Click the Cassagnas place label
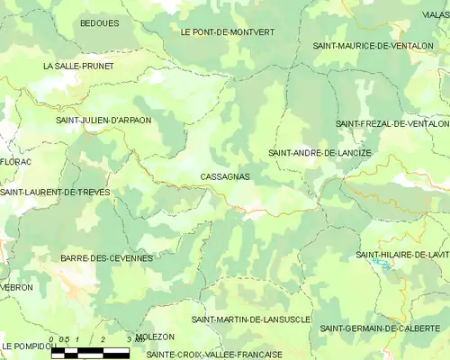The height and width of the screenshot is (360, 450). (x=225, y=177)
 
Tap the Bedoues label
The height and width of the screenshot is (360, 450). (x=99, y=22)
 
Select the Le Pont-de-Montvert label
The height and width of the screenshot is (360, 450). (x=228, y=31)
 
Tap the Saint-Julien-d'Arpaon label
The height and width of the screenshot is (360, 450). (x=103, y=120)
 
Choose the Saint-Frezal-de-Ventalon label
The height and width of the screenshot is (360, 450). (x=391, y=122)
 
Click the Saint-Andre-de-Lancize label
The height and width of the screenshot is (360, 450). (x=319, y=153)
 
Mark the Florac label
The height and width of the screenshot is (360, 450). (x=15, y=162)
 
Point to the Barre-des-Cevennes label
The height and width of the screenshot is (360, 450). (x=106, y=258)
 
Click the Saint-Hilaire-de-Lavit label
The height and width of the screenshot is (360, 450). (x=402, y=255)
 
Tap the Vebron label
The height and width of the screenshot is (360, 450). (x=17, y=287)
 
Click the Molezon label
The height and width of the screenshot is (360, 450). (x=156, y=336)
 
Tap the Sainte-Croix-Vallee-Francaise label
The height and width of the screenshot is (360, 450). (x=214, y=354)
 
